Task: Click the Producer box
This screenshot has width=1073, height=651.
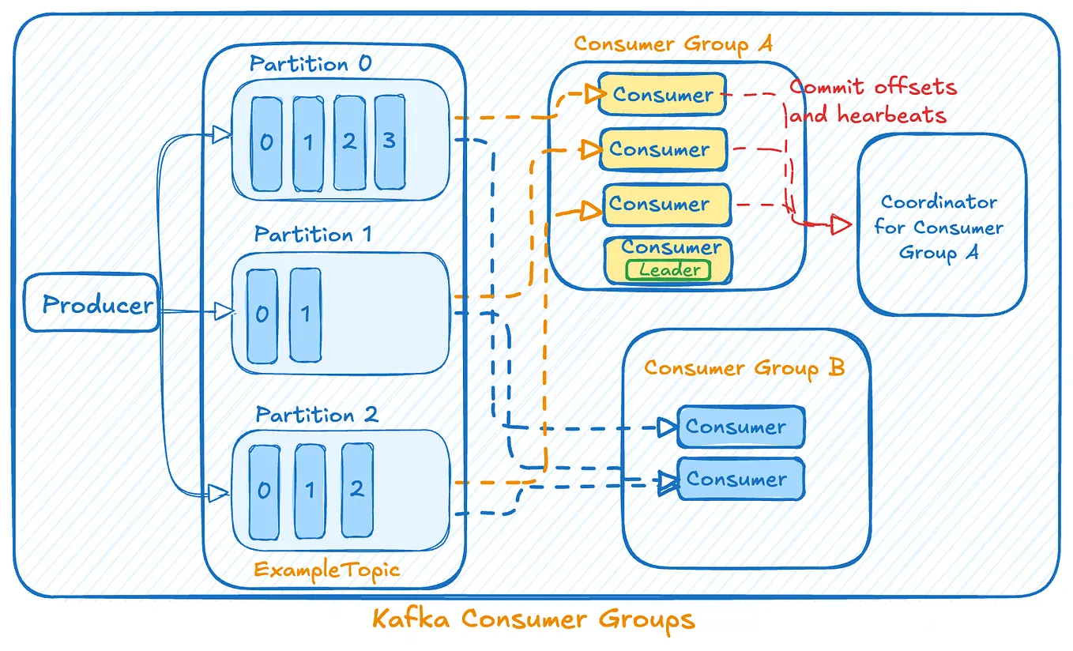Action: pos(91,303)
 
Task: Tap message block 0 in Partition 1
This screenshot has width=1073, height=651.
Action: pos(262,314)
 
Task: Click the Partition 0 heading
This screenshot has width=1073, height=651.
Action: pos(310,64)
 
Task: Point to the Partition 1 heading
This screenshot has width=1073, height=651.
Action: pos(313,235)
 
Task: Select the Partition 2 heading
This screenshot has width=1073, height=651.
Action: pos(316,415)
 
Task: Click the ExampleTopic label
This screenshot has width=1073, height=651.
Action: pos(327,570)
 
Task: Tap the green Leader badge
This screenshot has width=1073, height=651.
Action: pos(669,270)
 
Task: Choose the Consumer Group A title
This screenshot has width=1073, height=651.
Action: pos(673,44)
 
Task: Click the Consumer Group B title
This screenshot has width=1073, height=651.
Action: pos(744,368)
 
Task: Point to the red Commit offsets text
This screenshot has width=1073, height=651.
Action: pos(873,87)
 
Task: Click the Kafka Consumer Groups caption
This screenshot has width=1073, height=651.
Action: pos(533,619)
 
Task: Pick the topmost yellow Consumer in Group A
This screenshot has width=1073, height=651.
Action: pos(662,95)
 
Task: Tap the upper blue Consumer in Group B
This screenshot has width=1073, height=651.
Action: pos(740,427)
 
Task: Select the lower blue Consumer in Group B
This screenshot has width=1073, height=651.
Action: pos(740,479)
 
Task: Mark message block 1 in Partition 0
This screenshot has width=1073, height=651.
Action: pos(308,143)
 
